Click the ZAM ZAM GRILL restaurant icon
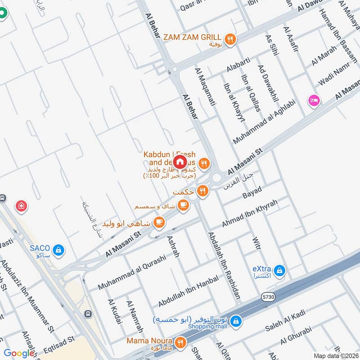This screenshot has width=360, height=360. [x=230, y=40]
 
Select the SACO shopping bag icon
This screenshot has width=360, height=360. [x=58, y=249]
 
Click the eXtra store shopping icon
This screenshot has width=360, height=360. [x=280, y=270]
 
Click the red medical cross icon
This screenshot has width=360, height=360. [x=21, y=207]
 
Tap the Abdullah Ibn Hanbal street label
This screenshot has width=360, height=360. [x=188, y=291]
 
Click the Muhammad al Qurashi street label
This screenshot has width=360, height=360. [x=132, y=272]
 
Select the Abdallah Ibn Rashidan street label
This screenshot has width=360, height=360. [x=224, y=265]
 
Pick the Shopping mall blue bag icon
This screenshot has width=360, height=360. [x=237, y=321]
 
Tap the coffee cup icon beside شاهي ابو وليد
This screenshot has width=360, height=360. [x=158, y=222]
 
